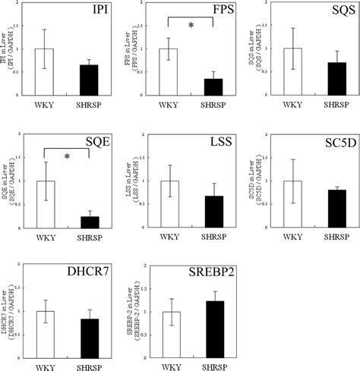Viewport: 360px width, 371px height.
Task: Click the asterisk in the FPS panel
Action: point(191,27)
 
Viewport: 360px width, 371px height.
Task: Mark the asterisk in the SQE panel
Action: point(68,157)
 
